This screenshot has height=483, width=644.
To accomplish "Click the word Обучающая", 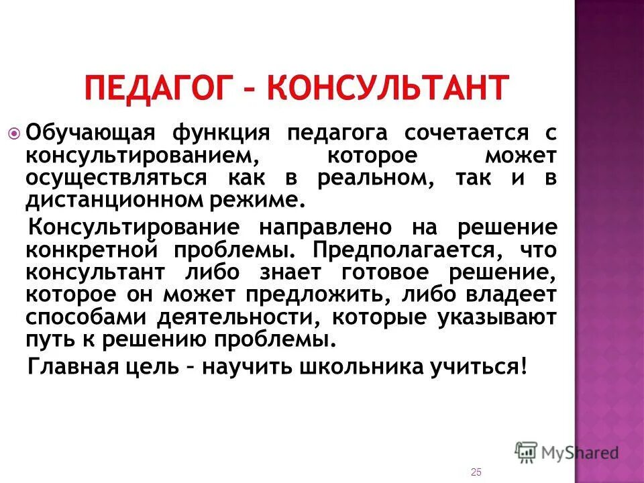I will (x=80, y=133).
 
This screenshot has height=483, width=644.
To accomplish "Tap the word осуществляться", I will (x=117, y=180).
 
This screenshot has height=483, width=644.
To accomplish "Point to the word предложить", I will (x=338, y=296).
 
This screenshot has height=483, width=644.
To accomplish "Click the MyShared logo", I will (x=567, y=452).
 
